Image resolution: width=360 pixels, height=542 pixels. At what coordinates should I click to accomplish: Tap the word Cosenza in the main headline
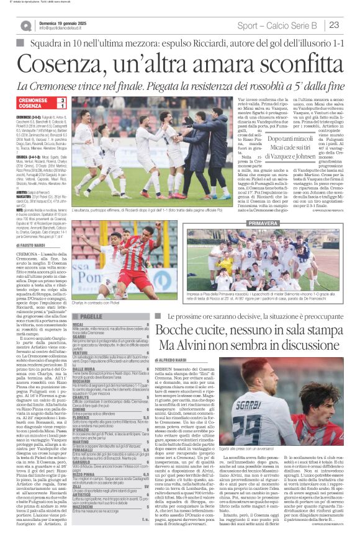(x=63, y=63)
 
